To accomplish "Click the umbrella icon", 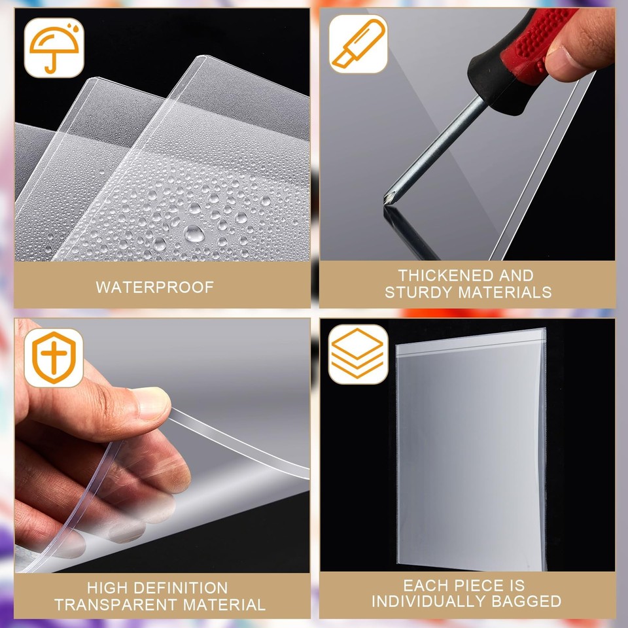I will coord(54,47).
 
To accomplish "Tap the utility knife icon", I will coord(358,44).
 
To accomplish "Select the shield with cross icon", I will coord(54,358).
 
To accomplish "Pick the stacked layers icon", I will coord(358,354).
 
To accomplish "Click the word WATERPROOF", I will coord(154,287).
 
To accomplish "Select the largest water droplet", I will coord(194,233).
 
